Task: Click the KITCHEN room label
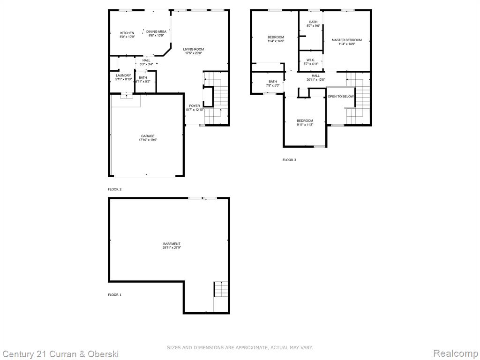click(x=127, y=33)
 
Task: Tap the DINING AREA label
click(x=156, y=31)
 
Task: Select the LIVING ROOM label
click(x=194, y=49)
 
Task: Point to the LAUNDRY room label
click(x=123, y=75)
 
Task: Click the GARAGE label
click(x=148, y=136)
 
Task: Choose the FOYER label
click(x=195, y=106)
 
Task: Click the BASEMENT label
click(x=172, y=244)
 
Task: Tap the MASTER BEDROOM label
click(x=346, y=40)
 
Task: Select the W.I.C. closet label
click(x=311, y=60)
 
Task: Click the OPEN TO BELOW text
click(x=341, y=97)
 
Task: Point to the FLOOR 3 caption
click(x=289, y=160)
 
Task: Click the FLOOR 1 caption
click(x=115, y=295)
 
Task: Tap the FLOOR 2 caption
click(x=115, y=189)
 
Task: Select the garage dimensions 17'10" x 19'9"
click(x=148, y=140)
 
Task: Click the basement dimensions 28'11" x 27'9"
click(x=172, y=247)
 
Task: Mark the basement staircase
click(x=221, y=289)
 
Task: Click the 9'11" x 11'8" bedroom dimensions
click(x=305, y=125)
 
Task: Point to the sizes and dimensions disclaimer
click(x=240, y=347)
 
